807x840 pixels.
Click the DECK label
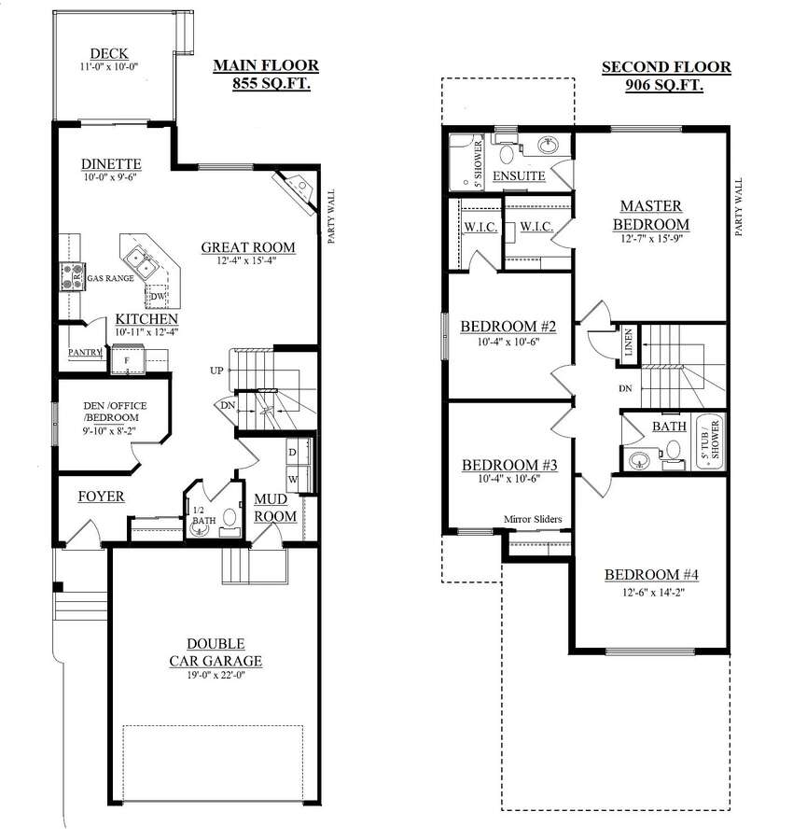[x=109, y=53]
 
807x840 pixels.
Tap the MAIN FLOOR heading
[x=266, y=65]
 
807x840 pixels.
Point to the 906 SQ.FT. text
[x=664, y=85]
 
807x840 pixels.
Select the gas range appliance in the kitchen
[x=72, y=276]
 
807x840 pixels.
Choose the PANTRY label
[x=85, y=353]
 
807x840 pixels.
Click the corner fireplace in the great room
[x=296, y=189]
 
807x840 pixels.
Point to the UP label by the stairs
[x=216, y=371]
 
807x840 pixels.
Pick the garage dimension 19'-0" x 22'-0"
[x=216, y=676]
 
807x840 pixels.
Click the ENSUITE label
[x=519, y=175]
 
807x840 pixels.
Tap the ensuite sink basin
[x=548, y=145]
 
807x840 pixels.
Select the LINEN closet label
[x=629, y=343]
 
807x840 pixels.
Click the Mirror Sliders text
[x=533, y=519]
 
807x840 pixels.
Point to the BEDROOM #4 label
[x=651, y=575]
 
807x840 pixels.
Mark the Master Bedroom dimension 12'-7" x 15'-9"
[x=651, y=239]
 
